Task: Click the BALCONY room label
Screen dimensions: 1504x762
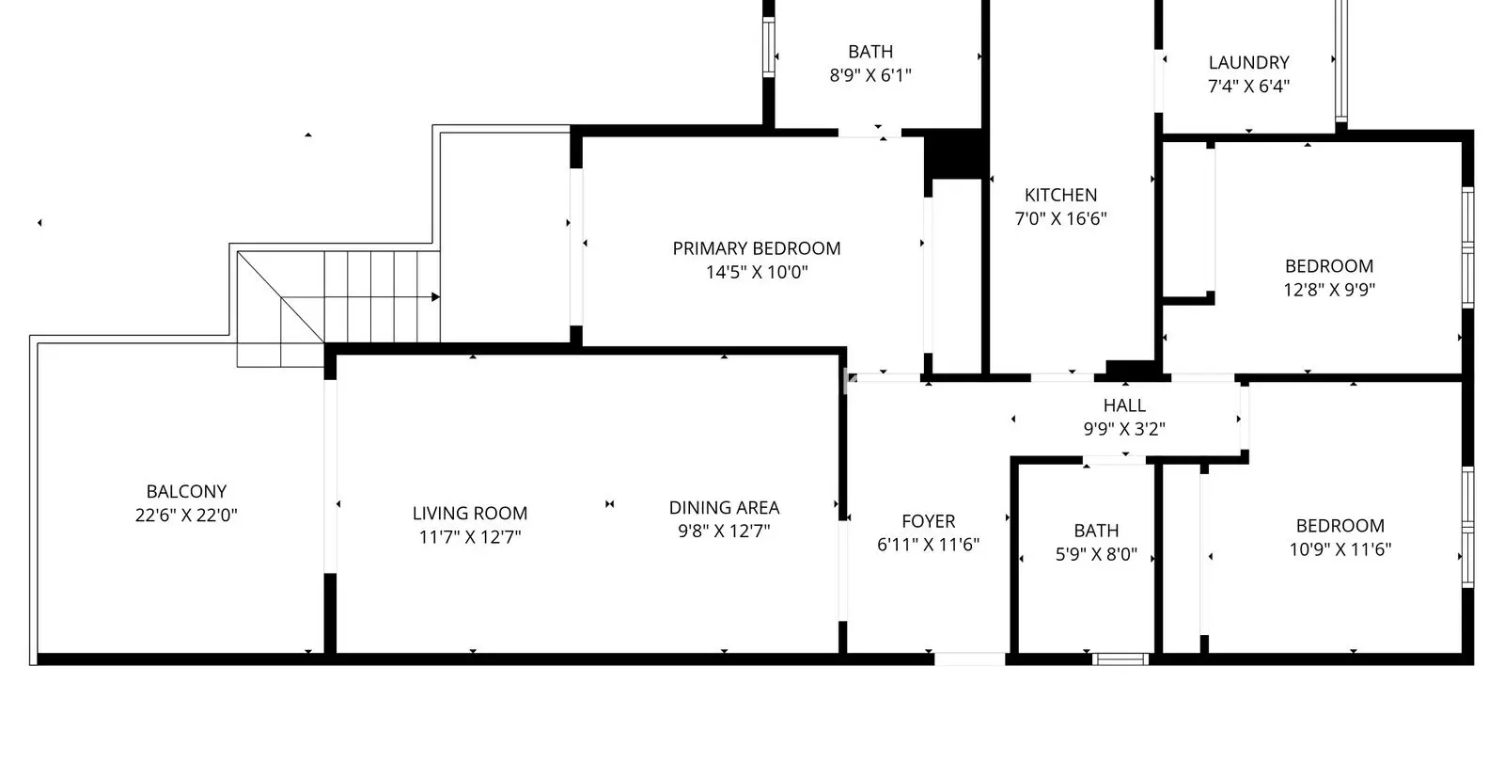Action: [x=186, y=491]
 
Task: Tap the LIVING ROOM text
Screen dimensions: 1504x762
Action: [x=470, y=514]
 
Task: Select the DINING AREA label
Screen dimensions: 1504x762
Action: [x=724, y=507]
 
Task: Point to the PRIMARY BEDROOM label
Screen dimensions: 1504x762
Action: [x=757, y=248]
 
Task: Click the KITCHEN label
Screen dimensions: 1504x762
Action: [x=1061, y=195]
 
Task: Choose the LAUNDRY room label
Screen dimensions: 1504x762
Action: [x=1249, y=62]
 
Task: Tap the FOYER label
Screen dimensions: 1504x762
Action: [x=929, y=521]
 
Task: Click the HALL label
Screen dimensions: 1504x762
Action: [x=1124, y=405]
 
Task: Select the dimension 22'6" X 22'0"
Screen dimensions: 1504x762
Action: [x=186, y=515]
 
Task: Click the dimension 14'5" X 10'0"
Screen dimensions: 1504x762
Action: [x=757, y=272]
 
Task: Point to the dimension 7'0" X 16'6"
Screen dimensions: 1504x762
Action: [x=1061, y=218]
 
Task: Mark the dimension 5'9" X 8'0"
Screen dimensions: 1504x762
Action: [x=1096, y=554]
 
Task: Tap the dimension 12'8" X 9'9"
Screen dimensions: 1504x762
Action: [x=1329, y=290]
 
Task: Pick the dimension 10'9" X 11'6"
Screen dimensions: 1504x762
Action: [x=1340, y=549]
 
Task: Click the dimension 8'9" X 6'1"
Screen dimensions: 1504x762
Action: [x=870, y=75]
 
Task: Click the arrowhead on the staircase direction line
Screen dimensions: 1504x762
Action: [x=436, y=297]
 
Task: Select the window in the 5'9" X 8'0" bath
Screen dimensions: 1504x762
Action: [x=1120, y=659]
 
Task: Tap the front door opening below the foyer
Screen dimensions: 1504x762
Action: [x=969, y=659]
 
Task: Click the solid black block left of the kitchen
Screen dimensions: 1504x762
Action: [x=953, y=154]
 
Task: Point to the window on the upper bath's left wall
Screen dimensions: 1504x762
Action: [x=769, y=47]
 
